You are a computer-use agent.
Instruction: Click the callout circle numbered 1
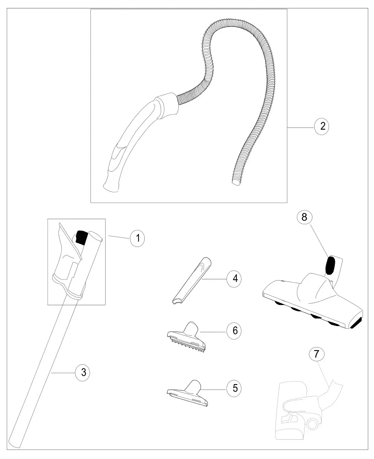pyautogui.click(x=137, y=238)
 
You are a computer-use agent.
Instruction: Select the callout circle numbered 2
pyautogui.click(x=321, y=127)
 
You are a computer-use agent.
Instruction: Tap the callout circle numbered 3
pyautogui.click(x=83, y=372)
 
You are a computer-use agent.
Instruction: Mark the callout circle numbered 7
pyautogui.click(x=317, y=354)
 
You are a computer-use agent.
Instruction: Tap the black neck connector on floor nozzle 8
pyautogui.click(x=330, y=266)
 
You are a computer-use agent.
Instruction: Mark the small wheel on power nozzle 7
pyautogui.click(x=313, y=424)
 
